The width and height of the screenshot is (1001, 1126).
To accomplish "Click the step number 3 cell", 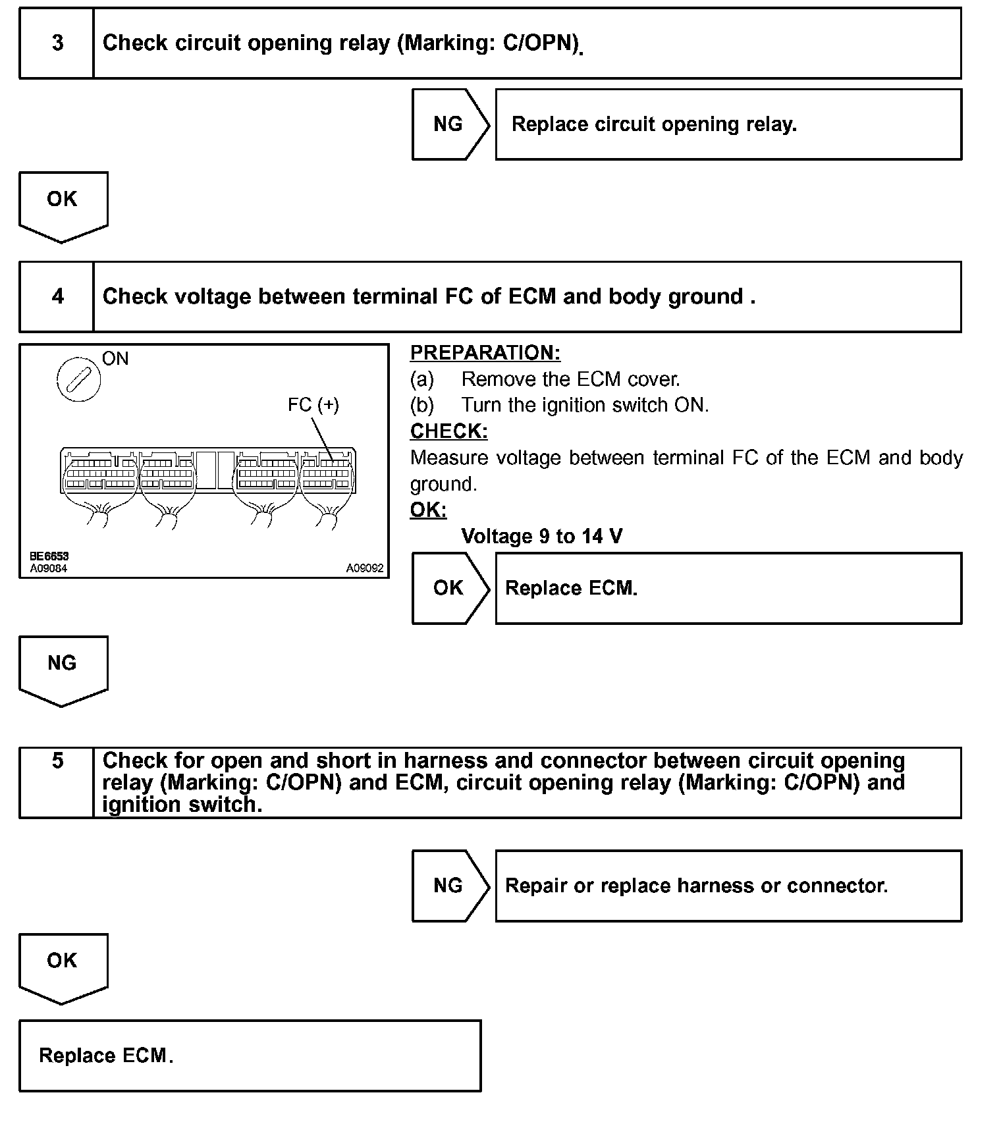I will (x=57, y=43).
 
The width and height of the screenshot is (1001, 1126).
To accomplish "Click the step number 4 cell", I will (x=57, y=297).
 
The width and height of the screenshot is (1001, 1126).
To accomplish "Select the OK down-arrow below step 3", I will (x=63, y=205).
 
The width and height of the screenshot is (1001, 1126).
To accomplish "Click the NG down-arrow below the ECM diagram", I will (x=63, y=668).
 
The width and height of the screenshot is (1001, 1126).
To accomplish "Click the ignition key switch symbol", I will (x=79, y=380).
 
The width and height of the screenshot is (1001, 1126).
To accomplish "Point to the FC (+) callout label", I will (x=313, y=404).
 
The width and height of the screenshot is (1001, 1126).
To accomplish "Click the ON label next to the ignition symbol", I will (x=115, y=359).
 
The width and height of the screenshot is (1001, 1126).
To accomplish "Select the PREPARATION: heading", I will (x=485, y=353).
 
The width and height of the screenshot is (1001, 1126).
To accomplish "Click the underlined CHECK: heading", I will (x=449, y=431).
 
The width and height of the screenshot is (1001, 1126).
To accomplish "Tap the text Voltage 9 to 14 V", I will (x=541, y=536).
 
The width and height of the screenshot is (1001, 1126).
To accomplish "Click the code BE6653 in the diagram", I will (x=49, y=556).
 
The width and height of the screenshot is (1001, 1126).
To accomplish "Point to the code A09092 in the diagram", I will (x=365, y=568).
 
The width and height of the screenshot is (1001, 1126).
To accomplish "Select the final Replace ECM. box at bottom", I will (x=250, y=1056).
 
